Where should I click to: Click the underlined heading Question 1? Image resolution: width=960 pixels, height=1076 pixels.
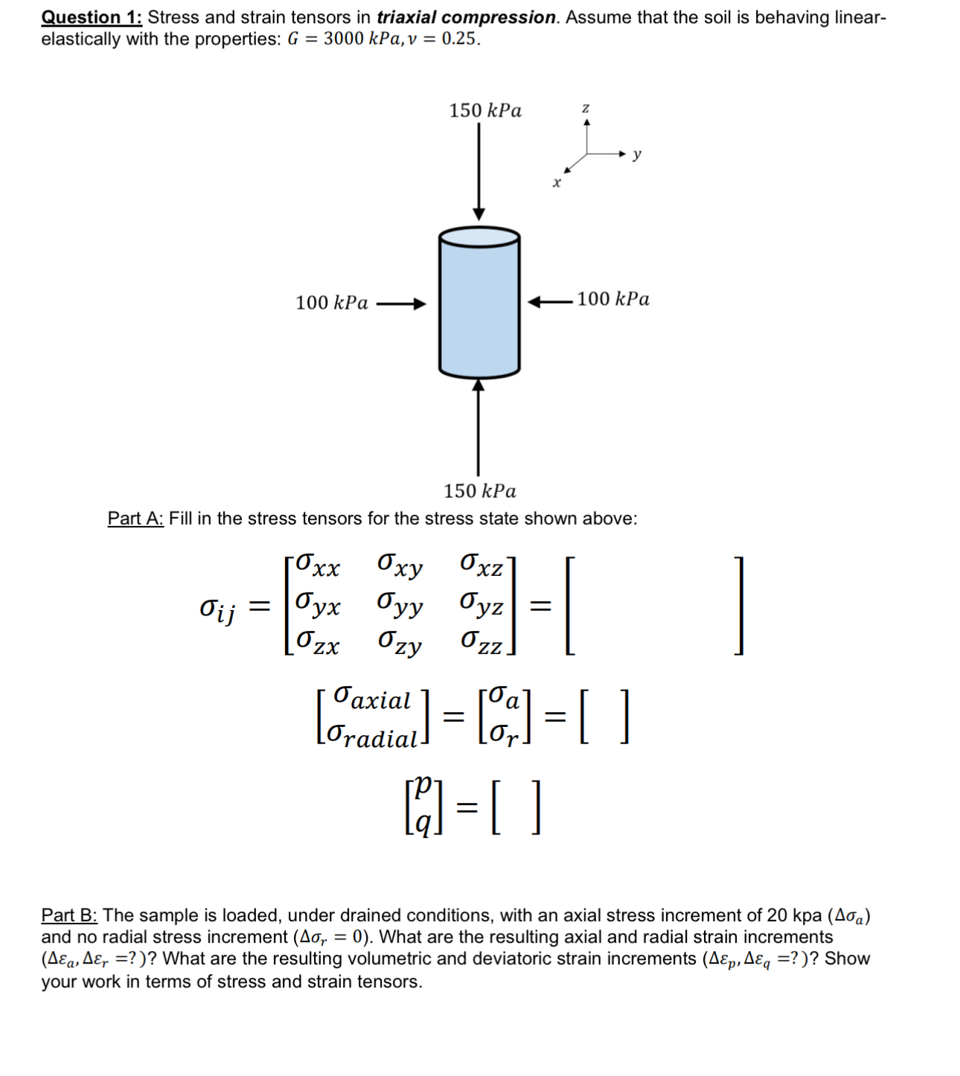pyautogui.click(x=92, y=17)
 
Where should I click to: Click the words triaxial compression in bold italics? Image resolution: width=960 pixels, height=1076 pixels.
pyautogui.click(x=466, y=17)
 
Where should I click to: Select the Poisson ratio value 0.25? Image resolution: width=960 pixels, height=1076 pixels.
pyautogui.click(x=459, y=39)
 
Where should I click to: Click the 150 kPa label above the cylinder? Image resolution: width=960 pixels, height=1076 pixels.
pyautogui.click(x=485, y=111)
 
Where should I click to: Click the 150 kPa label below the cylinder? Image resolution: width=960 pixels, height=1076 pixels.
pyautogui.click(x=480, y=491)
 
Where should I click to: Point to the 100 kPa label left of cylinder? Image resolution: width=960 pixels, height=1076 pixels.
pyautogui.click(x=332, y=303)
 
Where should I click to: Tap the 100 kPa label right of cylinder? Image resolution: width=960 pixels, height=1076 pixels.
pyautogui.click(x=613, y=299)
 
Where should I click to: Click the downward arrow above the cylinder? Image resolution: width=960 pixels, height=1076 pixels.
pyautogui.click(x=479, y=171)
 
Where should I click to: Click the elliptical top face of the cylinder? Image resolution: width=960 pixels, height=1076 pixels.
pyautogui.click(x=479, y=237)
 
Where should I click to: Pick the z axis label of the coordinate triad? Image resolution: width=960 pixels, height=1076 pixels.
pyautogui.click(x=586, y=109)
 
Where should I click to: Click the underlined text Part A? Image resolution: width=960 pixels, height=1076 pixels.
pyautogui.click(x=135, y=519)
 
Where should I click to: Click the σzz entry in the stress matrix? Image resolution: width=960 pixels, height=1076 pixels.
pyautogui.click(x=481, y=642)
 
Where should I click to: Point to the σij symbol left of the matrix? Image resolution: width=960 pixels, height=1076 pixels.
pyautogui.click(x=218, y=609)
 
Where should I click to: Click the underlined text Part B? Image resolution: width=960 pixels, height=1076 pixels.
pyautogui.click(x=69, y=915)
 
